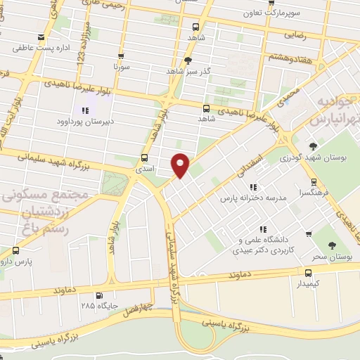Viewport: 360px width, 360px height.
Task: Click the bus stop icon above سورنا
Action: [x=121, y=57]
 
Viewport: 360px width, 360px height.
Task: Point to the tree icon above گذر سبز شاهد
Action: [x=188, y=60]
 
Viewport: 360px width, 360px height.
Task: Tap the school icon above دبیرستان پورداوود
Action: [x=86, y=110]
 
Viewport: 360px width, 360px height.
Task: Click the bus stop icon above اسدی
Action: [x=144, y=157]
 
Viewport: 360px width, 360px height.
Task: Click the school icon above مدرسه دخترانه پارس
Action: [x=254, y=187]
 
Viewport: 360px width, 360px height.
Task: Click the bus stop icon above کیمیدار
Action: [x=308, y=272]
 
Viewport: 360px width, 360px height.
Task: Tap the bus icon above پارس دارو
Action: [x=15, y=250]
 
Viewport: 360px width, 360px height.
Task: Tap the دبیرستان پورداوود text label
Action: [x=87, y=121]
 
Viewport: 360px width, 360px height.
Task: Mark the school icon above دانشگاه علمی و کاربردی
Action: [x=263, y=229]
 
